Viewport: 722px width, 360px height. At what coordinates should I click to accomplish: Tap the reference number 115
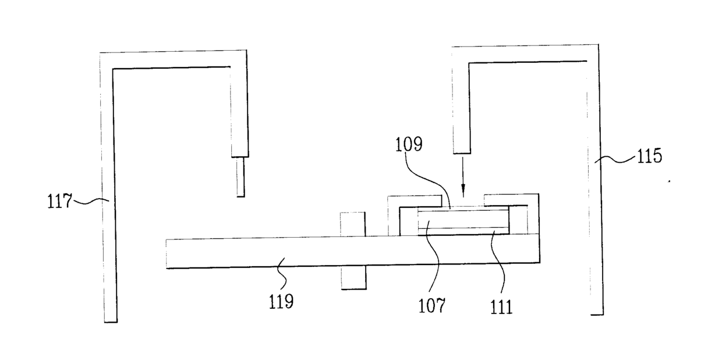point(649,156)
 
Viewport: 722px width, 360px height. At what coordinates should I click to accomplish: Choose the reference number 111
point(502,306)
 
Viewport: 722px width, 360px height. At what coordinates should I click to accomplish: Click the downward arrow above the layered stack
point(463,175)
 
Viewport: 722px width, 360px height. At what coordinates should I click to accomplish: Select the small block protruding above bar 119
point(352,224)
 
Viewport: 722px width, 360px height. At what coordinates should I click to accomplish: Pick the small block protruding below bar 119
point(353,278)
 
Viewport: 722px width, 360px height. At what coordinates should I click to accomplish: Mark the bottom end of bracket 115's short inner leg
point(462,150)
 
